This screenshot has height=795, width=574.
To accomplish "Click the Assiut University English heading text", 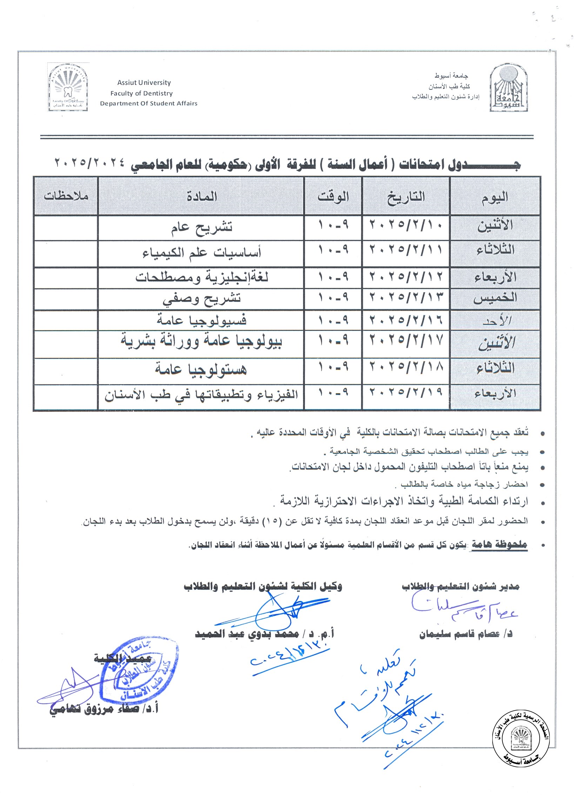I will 144,83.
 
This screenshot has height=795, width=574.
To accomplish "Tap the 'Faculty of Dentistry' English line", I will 141,93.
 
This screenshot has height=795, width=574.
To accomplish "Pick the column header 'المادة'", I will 201,196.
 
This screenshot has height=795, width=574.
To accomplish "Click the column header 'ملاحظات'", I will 66,196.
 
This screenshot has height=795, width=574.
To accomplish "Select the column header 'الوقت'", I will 333,196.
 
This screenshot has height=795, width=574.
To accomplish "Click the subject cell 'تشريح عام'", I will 201,228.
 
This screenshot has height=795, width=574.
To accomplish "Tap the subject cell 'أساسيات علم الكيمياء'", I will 201,253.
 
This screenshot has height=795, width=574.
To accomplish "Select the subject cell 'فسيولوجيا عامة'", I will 201,320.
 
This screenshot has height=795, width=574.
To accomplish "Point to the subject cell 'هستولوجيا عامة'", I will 201,370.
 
